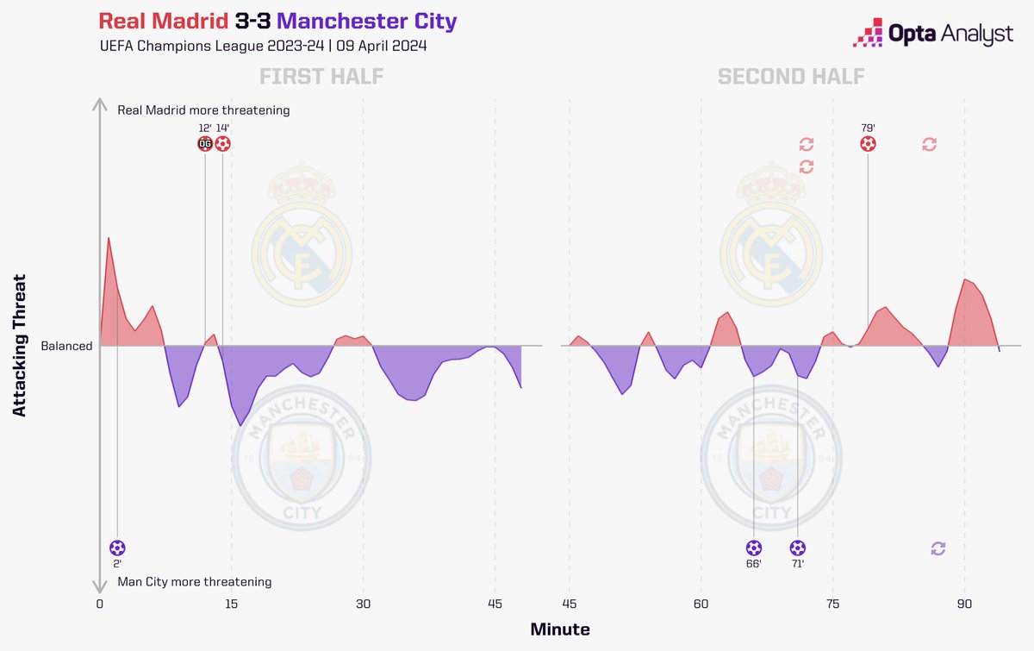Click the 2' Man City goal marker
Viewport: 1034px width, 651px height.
[x=117, y=548]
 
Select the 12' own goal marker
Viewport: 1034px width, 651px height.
[x=205, y=144]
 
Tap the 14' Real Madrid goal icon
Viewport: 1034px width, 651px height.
[x=222, y=144]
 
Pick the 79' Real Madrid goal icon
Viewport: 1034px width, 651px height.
[x=869, y=144]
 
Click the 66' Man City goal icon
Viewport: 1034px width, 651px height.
[x=754, y=548]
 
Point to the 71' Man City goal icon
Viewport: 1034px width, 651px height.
[x=798, y=548]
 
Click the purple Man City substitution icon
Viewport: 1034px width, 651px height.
[x=938, y=548]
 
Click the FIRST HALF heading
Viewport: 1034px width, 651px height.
[x=321, y=78]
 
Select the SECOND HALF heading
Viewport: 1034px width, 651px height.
[x=792, y=78]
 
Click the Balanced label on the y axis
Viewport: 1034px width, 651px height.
[x=66, y=346]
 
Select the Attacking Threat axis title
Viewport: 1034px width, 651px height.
[x=20, y=346]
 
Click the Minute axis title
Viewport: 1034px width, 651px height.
[x=560, y=629]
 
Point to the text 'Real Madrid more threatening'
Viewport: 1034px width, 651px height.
[x=203, y=110]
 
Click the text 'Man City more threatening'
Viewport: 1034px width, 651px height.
[x=194, y=582]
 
